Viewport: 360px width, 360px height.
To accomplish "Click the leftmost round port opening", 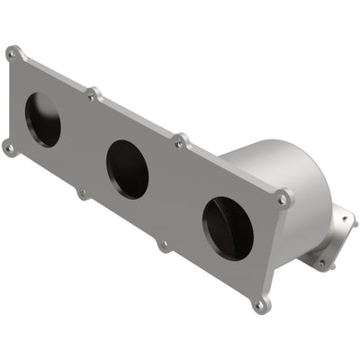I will (x=42, y=120).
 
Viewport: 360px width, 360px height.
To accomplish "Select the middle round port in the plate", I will (x=127, y=169).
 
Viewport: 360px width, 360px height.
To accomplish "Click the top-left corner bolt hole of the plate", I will (x=13, y=54).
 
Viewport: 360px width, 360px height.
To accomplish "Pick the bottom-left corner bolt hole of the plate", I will (x=9, y=147).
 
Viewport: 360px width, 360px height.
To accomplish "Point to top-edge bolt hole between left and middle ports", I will (x=92, y=94).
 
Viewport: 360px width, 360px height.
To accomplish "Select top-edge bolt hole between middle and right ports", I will (x=182, y=141).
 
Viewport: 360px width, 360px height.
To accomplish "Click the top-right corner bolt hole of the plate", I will (x=284, y=198).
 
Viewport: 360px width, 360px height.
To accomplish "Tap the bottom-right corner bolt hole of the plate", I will (x=261, y=305).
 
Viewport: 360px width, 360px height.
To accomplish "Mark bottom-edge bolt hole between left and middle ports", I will (x=83, y=193).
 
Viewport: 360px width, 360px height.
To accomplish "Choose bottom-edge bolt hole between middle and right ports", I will (x=164, y=244).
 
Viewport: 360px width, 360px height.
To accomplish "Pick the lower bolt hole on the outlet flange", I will (x=321, y=264).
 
